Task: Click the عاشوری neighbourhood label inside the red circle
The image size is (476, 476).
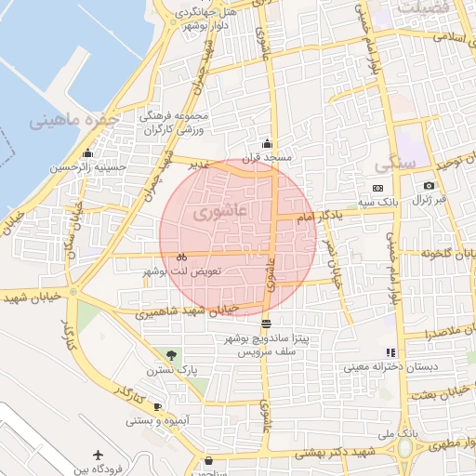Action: (217, 214)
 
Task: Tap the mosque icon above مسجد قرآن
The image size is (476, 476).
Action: (268, 143)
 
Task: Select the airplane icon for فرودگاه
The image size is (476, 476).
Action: (99, 456)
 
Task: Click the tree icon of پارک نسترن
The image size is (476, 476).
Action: (170, 354)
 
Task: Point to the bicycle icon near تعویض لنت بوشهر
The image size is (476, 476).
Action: (181, 257)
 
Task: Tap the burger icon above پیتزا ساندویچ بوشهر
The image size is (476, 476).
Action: (267, 324)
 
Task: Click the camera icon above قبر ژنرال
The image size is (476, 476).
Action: (429, 186)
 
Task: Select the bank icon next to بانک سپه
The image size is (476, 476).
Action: (377, 189)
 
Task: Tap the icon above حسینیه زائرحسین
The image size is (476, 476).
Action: (88, 153)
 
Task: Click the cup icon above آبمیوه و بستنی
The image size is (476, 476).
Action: (157, 406)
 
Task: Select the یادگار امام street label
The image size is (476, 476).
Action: (319, 215)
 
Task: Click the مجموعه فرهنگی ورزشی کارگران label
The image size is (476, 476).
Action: (178, 125)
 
